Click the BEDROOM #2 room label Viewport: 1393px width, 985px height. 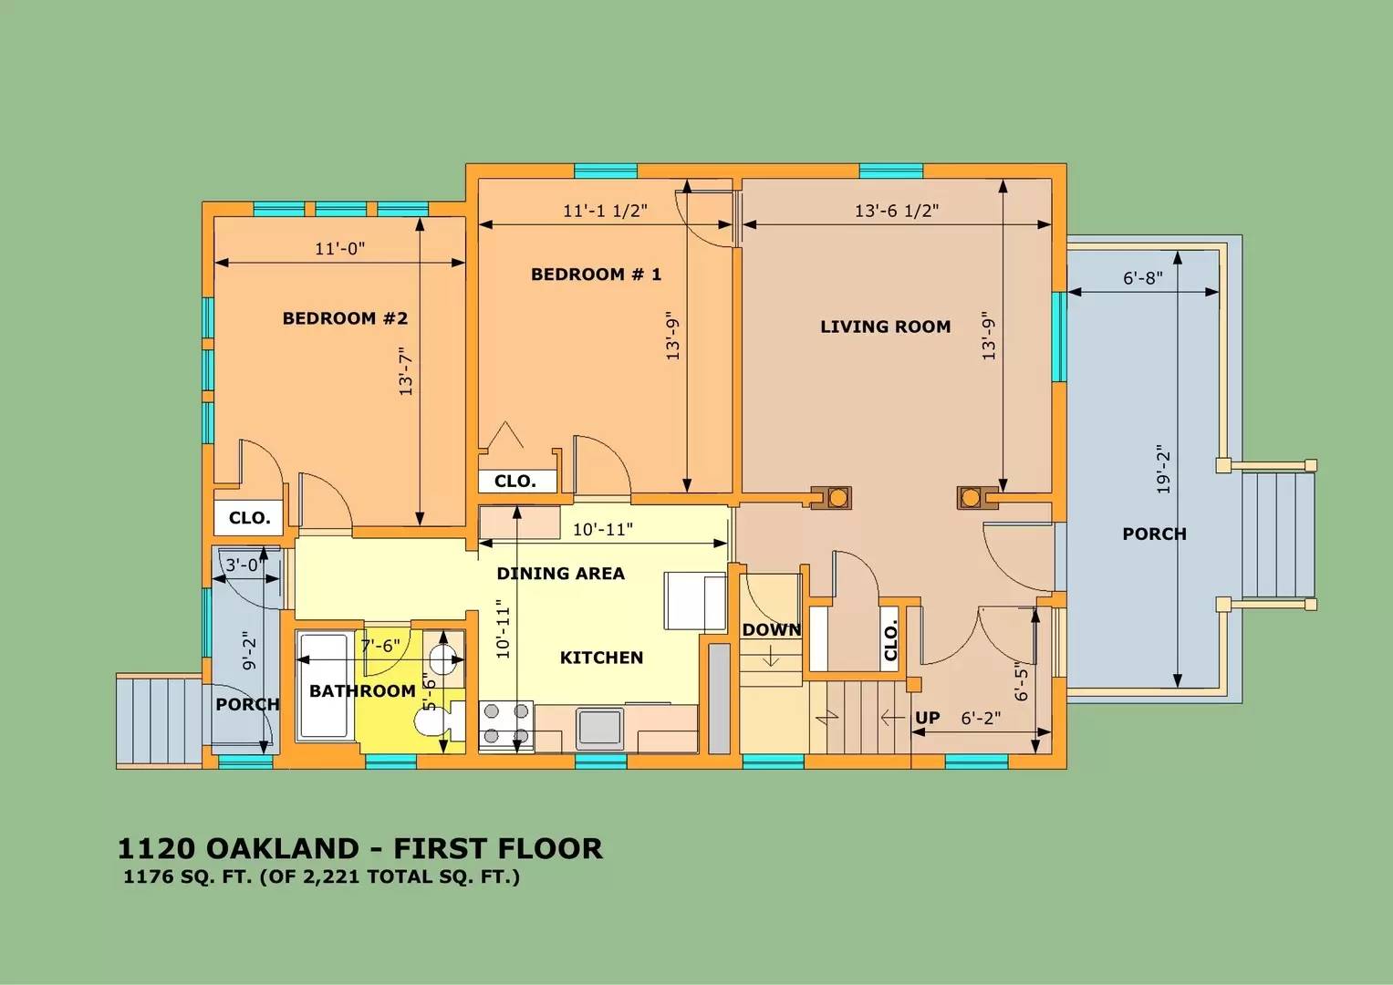pyautogui.click(x=345, y=318)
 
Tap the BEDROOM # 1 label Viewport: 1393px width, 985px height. pyautogui.click(x=596, y=274)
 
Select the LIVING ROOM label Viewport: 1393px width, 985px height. pyautogui.click(x=885, y=327)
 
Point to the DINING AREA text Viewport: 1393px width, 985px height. pyautogui.click(x=560, y=574)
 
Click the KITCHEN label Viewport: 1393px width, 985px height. pyautogui.click(x=601, y=658)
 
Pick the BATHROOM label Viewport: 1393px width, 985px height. pyautogui.click(x=362, y=691)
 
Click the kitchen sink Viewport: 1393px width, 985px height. pyautogui.click(x=599, y=728)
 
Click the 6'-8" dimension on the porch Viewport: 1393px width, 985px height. pyautogui.click(x=1142, y=278)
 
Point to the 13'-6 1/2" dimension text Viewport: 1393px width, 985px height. pyautogui.click(x=896, y=211)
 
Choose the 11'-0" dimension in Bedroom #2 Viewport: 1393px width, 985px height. pyautogui.click(x=340, y=249)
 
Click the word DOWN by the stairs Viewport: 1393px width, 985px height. pyautogui.click(x=771, y=630)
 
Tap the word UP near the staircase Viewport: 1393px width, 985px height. pyautogui.click(x=927, y=718)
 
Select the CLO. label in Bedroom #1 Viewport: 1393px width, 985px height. pyautogui.click(x=515, y=482)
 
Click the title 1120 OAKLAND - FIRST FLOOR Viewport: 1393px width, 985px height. pyautogui.click(x=359, y=848)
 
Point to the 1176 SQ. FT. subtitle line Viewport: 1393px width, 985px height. pyautogui.click(x=321, y=878)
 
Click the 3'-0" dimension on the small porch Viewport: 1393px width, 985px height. pyautogui.click(x=243, y=565)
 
